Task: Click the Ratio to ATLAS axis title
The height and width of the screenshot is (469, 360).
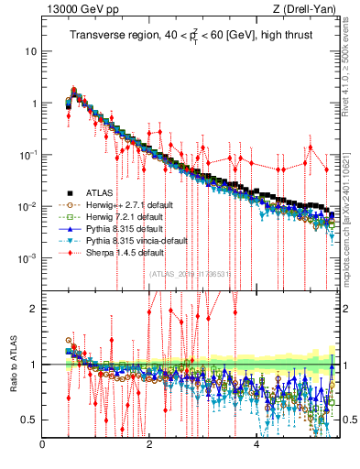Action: [x=13, y=365]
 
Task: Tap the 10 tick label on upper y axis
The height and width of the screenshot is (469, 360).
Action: [x=30, y=51]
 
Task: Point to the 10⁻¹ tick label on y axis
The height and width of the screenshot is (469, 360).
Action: [x=27, y=154]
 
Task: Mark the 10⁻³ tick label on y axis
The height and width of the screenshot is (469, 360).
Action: [x=27, y=257]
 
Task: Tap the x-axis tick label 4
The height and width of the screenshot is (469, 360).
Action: [x=256, y=445]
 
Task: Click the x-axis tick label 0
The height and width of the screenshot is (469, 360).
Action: [x=42, y=445]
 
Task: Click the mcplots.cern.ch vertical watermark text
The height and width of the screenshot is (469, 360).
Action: [x=350, y=206]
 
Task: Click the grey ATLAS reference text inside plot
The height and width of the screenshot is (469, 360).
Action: [x=190, y=273]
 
